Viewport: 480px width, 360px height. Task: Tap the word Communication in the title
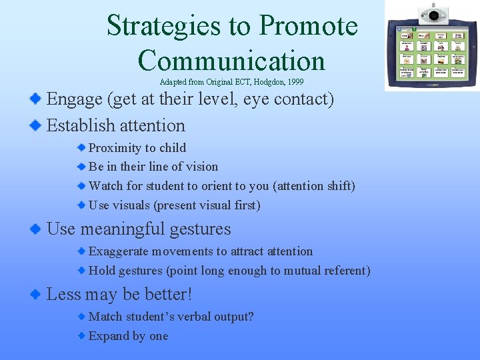[231, 61]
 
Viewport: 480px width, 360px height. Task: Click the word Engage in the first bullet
[75, 100]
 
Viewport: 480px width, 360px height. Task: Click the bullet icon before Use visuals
[81, 205]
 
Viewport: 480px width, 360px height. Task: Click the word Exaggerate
[120, 251]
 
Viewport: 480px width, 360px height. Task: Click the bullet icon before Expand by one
[81, 336]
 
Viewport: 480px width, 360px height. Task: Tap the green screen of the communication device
[431, 55]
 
